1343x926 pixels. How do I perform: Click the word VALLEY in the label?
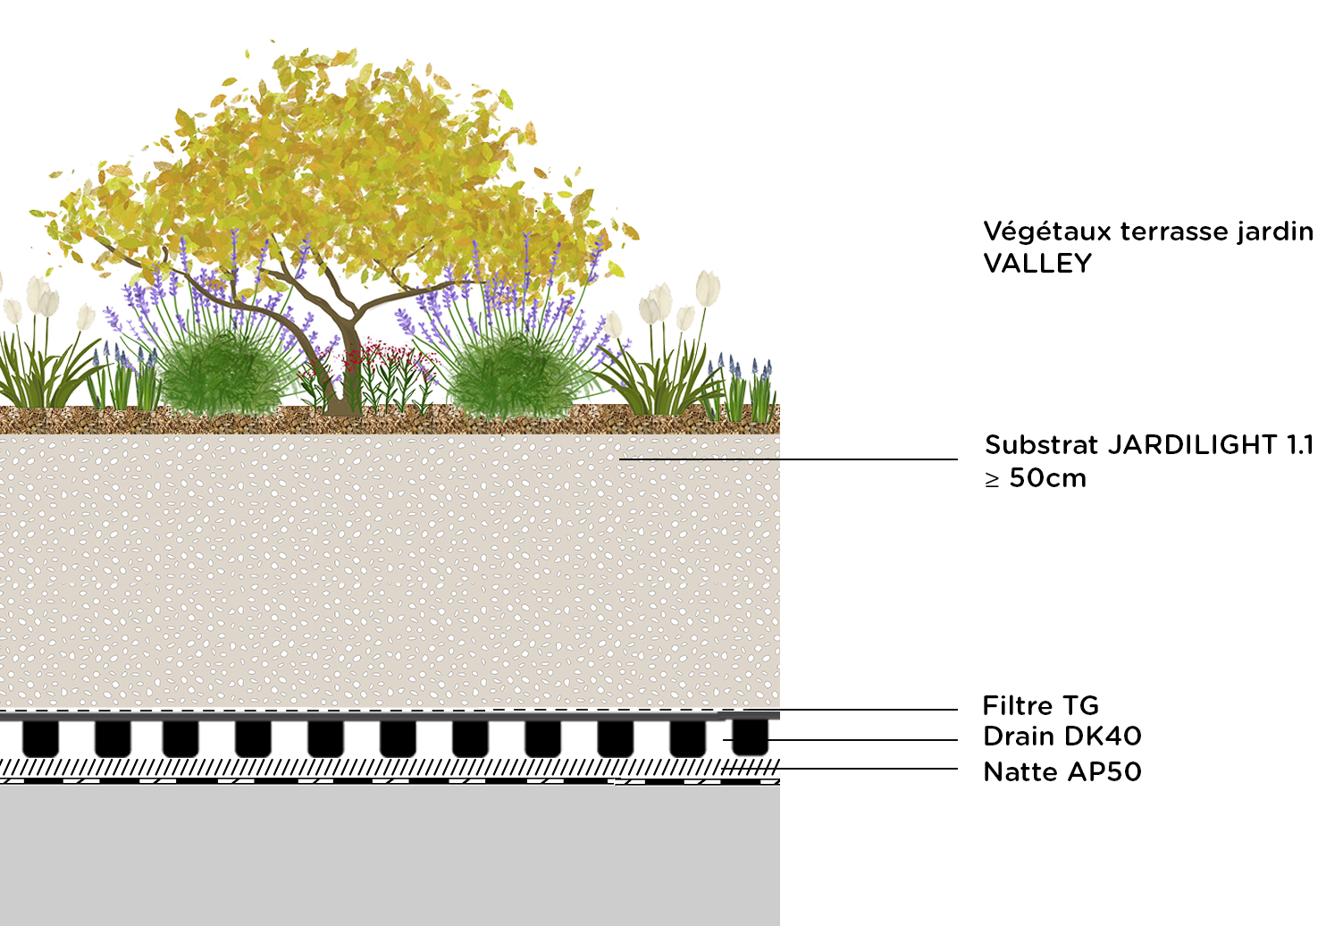click(1037, 264)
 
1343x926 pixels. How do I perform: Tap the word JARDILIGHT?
click(1193, 444)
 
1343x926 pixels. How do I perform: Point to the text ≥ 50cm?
click(1036, 478)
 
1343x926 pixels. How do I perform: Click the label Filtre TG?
click(1040, 706)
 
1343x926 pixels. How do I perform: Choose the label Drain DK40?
click(1062, 737)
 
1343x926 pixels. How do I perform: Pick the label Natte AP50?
click(1062, 771)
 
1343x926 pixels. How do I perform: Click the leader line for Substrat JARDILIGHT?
click(786, 459)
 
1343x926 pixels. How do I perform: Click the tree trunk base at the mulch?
click(340, 407)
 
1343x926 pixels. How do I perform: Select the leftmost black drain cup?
click(40, 738)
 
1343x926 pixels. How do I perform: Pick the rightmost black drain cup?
click(750, 737)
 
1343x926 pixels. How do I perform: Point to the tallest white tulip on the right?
click(708, 288)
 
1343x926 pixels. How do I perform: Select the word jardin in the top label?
click(1275, 231)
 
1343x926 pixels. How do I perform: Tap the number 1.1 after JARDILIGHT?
click(1300, 444)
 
